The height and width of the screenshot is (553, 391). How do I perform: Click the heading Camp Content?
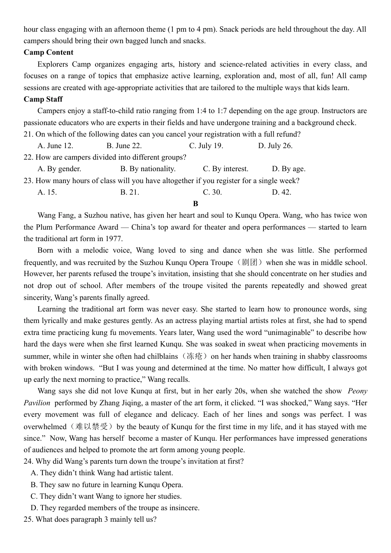click(48, 52)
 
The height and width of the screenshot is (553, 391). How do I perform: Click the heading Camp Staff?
click(43, 99)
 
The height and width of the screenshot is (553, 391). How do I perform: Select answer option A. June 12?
click(55, 146)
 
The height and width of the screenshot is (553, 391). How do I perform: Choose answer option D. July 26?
click(275, 146)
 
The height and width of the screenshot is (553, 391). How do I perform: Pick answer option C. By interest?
click(226, 169)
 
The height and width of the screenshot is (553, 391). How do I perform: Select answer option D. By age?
click(289, 169)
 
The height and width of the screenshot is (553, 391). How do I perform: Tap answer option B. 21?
click(130, 192)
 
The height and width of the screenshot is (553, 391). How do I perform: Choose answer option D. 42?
click(282, 192)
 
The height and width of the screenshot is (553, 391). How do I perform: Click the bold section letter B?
click(195, 204)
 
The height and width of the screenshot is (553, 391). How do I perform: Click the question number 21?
click(28, 134)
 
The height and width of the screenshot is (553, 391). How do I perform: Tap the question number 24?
click(28, 461)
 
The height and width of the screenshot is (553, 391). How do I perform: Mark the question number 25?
click(28, 519)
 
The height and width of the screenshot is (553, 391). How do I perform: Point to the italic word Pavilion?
click(37, 403)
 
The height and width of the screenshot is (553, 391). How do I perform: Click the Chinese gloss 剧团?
click(250, 262)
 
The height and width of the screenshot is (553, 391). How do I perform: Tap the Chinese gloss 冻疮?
click(195, 356)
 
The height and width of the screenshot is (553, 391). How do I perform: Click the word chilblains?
click(163, 356)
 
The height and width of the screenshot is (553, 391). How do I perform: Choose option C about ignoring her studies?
click(106, 496)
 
